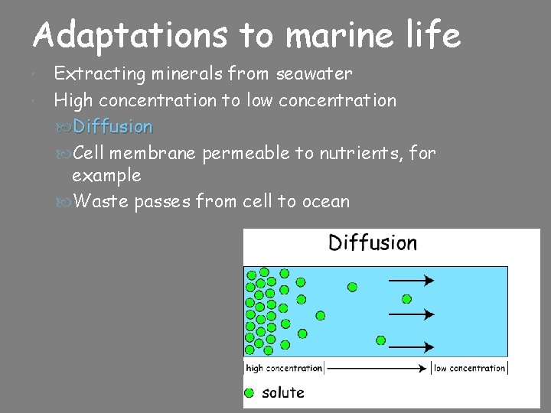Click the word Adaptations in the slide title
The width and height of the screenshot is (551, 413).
point(130,36)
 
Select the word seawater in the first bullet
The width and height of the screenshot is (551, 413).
point(314,74)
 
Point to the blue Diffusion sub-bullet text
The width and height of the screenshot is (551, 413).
point(112,126)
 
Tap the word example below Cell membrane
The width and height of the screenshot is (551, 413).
point(106,176)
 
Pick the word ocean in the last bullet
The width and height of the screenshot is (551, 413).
point(324,202)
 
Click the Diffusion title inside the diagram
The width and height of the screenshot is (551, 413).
point(373,243)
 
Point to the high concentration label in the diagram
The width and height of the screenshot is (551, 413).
point(284,368)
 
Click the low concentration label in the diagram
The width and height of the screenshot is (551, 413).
point(470,368)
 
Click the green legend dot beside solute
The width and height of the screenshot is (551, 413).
point(249,393)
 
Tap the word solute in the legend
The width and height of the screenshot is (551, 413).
point(283,393)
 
